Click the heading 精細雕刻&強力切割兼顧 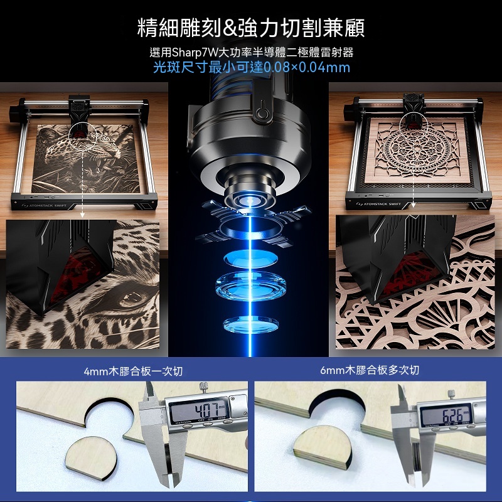pos(250,28)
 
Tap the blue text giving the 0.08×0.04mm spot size pos(252,67)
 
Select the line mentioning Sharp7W pos(252,52)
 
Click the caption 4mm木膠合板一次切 pos(133,371)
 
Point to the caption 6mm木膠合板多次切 pos(370,370)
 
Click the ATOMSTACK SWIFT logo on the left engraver pos(45,206)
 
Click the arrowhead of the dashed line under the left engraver pos(82,215)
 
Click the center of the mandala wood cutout pos(416,150)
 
